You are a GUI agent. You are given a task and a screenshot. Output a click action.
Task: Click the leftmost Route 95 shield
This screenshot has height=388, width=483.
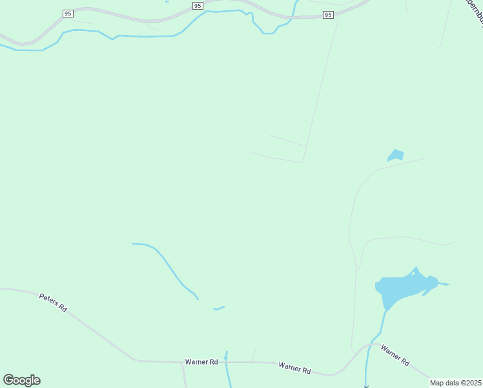click(x=68, y=14)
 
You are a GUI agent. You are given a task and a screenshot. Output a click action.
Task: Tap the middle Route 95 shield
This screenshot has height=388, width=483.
click(x=198, y=5)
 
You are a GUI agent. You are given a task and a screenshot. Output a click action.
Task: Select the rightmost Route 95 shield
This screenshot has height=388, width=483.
click(x=328, y=15)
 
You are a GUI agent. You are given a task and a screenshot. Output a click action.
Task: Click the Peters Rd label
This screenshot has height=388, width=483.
click(x=53, y=303)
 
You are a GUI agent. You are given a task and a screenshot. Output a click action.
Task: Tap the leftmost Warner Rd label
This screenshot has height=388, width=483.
click(x=201, y=362)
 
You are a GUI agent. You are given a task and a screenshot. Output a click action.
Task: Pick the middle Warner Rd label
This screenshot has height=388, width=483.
click(x=294, y=368)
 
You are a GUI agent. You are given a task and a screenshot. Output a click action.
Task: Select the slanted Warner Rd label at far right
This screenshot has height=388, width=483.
click(x=395, y=356)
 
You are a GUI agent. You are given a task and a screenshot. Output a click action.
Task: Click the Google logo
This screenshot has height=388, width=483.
click(x=21, y=380)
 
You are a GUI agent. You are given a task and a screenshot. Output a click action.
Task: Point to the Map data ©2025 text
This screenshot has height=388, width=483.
click(x=456, y=383)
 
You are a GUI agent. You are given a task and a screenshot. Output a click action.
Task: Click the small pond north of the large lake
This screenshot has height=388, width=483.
click(x=396, y=155)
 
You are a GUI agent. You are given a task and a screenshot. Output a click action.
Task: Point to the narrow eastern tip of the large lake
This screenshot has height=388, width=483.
click(x=446, y=284)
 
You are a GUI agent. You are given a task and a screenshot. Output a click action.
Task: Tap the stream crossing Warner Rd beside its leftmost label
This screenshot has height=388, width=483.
click(x=227, y=370)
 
